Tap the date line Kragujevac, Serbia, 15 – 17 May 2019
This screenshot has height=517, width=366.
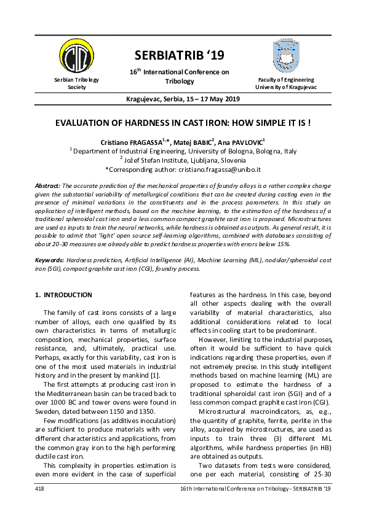(183, 99)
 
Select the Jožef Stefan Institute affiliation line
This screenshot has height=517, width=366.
(183, 160)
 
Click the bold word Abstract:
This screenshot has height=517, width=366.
(47, 185)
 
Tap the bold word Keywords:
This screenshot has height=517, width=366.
(49, 260)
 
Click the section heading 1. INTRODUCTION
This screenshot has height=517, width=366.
(64, 295)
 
